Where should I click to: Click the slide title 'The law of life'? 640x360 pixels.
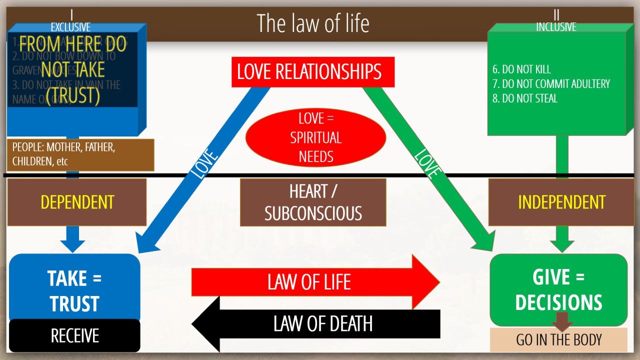click(x=313, y=23)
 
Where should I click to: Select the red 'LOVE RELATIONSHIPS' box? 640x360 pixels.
click(x=309, y=71)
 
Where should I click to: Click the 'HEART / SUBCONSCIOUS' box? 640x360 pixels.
click(x=313, y=202)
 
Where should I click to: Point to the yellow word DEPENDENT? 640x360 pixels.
click(x=77, y=202)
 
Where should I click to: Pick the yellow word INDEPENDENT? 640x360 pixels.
click(x=561, y=202)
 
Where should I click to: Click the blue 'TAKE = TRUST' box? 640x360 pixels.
click(x=74, y=290)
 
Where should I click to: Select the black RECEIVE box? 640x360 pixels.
click(x=74, y=335)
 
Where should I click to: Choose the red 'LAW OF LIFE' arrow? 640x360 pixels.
click(x=310, y=282)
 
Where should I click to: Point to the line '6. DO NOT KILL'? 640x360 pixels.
click(x=521, y=69)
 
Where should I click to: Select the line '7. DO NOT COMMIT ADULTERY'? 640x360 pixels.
click(x=551, y=84)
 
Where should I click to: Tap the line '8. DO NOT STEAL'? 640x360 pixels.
click(x=524, y=98)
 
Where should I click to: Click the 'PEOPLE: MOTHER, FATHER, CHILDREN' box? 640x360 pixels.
click(x=80, y=154)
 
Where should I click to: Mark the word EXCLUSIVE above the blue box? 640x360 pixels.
click(x=70, y=27)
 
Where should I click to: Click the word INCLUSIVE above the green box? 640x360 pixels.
click(x=556, y=27)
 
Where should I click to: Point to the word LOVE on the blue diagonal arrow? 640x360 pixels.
click(x=205, y=163)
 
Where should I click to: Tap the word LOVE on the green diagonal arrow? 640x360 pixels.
click(x=426, y=163)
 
